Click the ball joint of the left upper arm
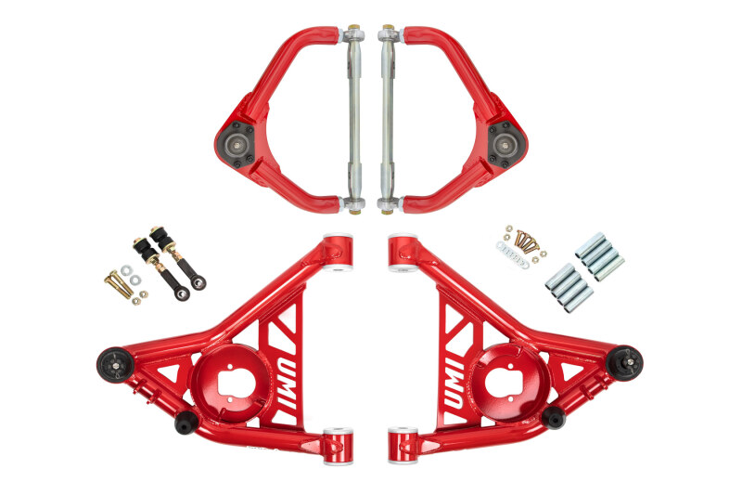coord(233,144)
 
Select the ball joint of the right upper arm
coord(508,144)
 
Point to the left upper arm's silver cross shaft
coord(356,116)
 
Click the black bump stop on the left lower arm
coord(185,422)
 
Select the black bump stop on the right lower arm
coord(555,417)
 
